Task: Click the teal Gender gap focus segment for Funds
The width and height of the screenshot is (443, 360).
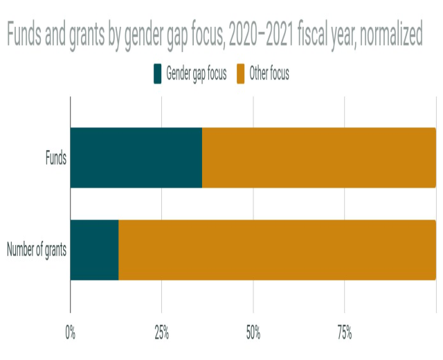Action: pyautogui.click(x=136, y=158)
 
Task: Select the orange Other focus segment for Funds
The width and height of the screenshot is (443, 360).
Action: pyautogui.click(x=318, y=158)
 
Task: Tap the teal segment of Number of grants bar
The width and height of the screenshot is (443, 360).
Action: pyautogui.click(x=95, y=250)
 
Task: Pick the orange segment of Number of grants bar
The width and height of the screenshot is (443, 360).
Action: pyautogui.click(x=277, y=250)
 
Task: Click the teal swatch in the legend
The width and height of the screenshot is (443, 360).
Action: pyautogui.click(x=158, y=74)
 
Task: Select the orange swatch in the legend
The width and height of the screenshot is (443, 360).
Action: pyautogui.click(x=242, y=74)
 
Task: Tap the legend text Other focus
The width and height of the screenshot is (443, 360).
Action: pyautogui.click(x=269, y=74)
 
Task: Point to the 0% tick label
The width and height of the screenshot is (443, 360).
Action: pyautogui.click(x=70, y=333)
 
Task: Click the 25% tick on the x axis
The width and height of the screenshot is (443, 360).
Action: pyautogui.click(x=162, y=333)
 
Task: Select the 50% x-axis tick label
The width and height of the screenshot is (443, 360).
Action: pyautogui.click(x=253, y=333)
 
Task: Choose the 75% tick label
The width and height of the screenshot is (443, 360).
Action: pyautogui.click(x=345, y=333)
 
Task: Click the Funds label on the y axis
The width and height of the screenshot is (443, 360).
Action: pyautogui.click(x=55, y=158)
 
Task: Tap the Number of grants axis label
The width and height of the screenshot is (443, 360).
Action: pyautogui.click(x=37, y=250)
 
